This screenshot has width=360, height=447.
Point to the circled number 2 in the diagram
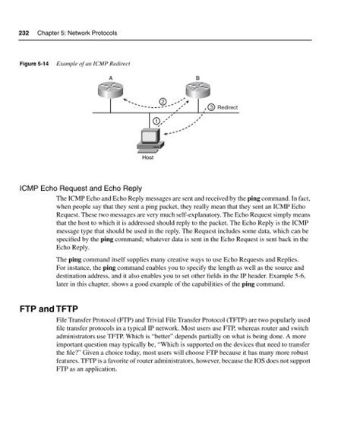coord(162,102)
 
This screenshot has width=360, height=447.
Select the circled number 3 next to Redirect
coord(211,108)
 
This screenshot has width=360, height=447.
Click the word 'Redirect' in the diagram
coord(227,109)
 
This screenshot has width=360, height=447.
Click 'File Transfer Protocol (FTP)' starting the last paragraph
coord(94,324)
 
